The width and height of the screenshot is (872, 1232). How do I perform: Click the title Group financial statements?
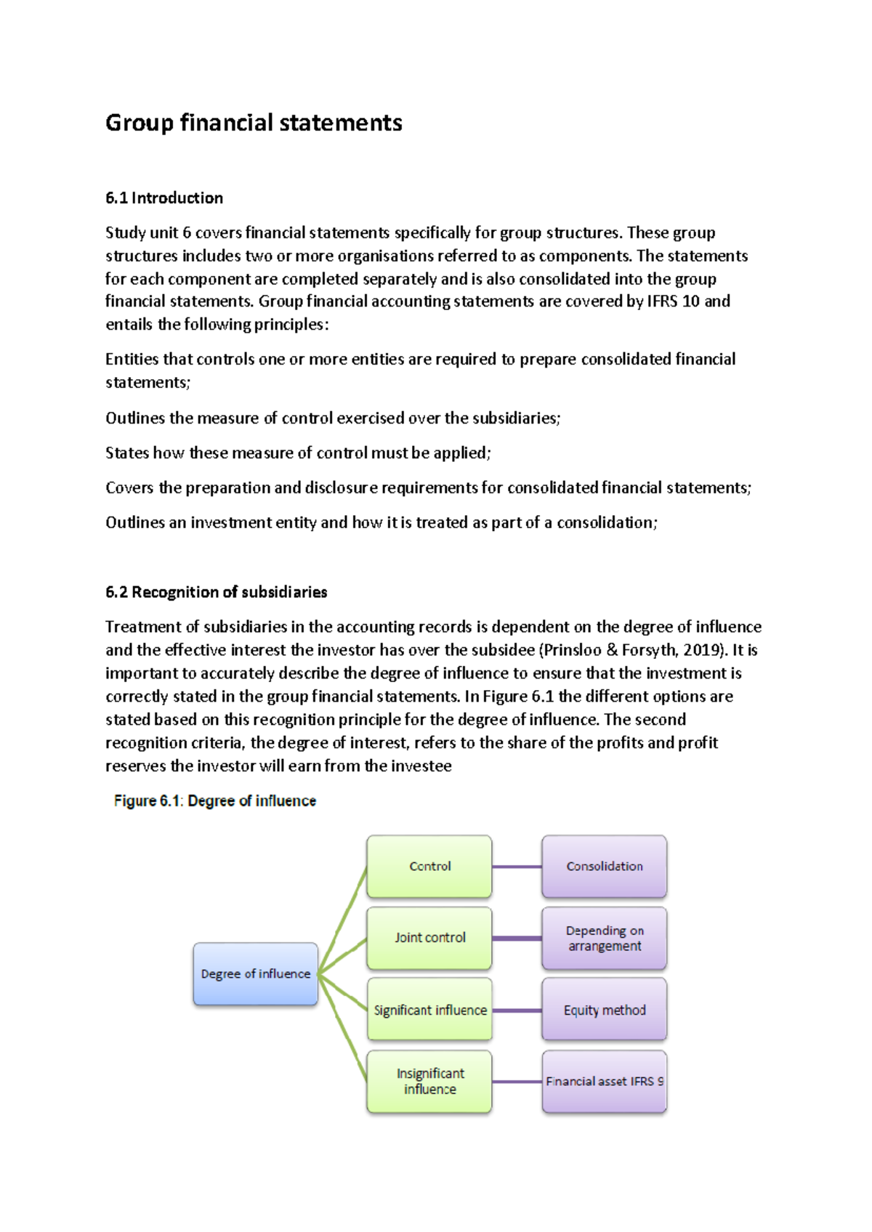(x=254, y=123)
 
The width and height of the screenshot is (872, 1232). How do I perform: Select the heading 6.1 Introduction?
(x=164, y=198)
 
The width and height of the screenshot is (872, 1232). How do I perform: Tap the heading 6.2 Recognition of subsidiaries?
(x=216, y=592)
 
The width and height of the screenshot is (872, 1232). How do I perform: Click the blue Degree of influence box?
(x=255, y=973)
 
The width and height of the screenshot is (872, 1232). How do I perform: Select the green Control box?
(x=429, y=866)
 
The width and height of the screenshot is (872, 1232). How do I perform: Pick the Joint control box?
(x=429, y=937)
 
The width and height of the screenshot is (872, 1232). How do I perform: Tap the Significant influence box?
(x=429, y=1010)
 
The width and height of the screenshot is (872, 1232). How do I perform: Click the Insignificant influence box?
(x=429, y=1081)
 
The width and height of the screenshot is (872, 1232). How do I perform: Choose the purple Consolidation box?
(x=604, y=866)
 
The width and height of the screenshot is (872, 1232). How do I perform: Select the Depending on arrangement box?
(x=604, y=938)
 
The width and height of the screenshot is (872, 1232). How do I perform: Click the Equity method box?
(x=604, y=1010)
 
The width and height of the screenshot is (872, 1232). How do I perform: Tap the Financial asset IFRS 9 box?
(x=604, y=1081)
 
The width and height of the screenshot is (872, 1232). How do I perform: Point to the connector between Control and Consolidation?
(x=517, y=867)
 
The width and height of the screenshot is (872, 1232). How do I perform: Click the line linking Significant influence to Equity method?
(x=517, y=1010)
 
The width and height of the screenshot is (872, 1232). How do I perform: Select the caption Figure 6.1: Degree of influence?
(x=214, y=801)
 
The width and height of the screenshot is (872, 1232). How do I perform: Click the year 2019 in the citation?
(x=701, y=650)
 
